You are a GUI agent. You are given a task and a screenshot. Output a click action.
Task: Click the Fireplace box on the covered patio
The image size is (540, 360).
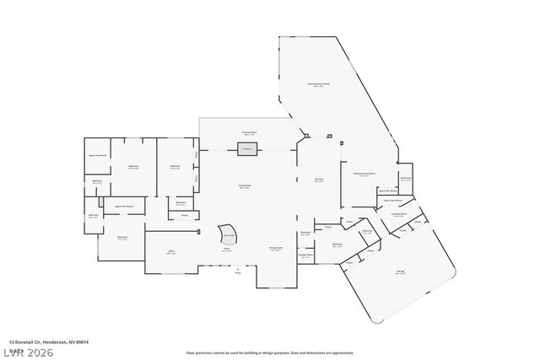coord(248,149)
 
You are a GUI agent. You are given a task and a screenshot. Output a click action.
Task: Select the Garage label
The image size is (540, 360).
coord(400,271)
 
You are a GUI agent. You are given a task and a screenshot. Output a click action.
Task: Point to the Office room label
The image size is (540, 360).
coord(170,251)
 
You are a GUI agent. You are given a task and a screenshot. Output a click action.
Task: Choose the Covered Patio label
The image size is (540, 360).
coord(248,132)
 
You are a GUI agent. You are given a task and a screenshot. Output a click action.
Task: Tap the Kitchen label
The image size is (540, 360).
coord(320,180)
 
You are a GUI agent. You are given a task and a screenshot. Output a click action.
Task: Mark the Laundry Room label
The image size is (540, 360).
coord(398,214)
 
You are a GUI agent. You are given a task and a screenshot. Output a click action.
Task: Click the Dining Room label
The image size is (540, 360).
coord(275,248)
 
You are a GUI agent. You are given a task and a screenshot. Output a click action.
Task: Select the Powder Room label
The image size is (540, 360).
coord(305,255)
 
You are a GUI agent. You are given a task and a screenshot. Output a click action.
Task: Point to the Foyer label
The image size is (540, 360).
coord(227,250)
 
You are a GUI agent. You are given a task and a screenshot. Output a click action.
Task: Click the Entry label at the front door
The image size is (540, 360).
coord(238,271)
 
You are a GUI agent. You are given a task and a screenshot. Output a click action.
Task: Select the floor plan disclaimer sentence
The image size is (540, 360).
coord(269,352)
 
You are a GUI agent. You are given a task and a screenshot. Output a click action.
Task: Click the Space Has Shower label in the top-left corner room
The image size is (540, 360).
coord(99,156)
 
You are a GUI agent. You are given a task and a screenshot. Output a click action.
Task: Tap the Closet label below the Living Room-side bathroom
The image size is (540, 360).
coord(184,215)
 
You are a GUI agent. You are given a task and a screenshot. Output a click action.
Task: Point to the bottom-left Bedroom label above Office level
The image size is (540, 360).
coord(122,239)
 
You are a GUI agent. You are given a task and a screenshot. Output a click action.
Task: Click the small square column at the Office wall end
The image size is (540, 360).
coord(198,230)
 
